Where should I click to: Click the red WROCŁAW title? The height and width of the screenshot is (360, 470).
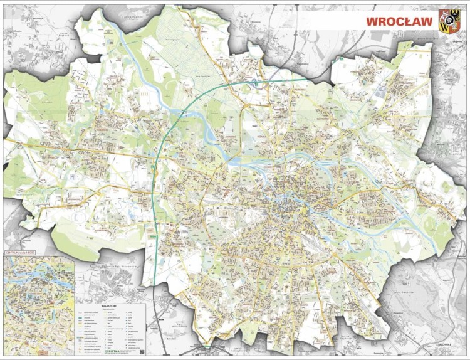coord(399,21)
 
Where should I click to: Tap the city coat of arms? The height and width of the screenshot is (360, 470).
coord(449,21)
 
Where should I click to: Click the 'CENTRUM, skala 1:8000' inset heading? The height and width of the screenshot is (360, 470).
coord(22,252)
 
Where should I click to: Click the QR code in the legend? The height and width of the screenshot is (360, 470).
coord(141,351)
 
